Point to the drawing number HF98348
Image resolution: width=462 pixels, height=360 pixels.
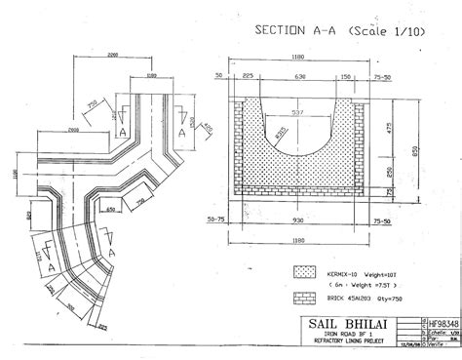point(438,319)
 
